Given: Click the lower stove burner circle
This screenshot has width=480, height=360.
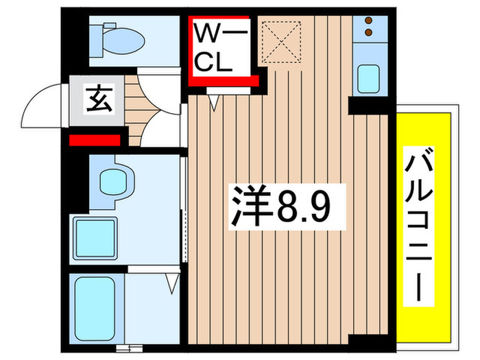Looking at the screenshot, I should pyautogui.click(x=369, y=33).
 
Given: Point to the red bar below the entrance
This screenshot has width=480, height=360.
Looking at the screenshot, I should pyautogui.click(x=95, y=141).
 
